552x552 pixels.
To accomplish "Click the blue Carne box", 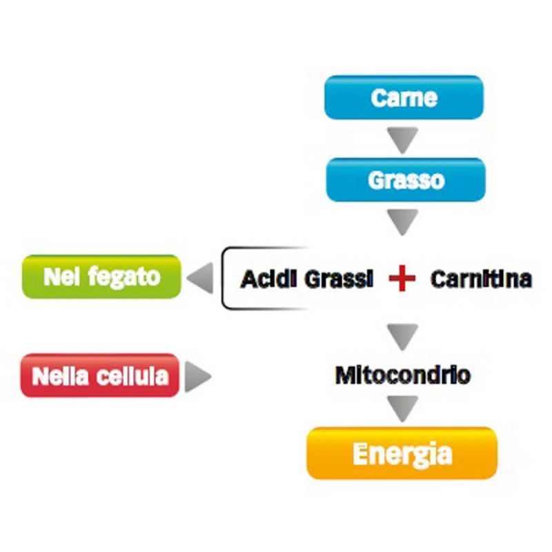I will click(x=404, y=98).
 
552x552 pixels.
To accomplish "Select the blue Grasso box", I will click(x=406, y=180).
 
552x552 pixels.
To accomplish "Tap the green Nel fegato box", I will click(x=101, y=277).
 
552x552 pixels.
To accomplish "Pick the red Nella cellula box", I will click(x=100, y=376).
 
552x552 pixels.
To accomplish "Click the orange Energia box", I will click(x=402, y=453).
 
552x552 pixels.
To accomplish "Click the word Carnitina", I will click(x=481, y=279).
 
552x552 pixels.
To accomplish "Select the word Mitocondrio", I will click(x=403, y=375).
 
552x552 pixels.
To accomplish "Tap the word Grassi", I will click(x=336, y=279).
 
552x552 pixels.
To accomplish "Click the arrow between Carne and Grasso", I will click(x=404, y=139).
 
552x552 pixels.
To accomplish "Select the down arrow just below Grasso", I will click(x=404, y=221).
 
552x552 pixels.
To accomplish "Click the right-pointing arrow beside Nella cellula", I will click(x=197, y=377).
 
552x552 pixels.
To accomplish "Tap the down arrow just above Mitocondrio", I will click(x=404, y=336).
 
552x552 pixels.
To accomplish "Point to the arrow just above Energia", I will click(x=404, y=408).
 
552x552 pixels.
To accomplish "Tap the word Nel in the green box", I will click(x=59, y=277).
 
